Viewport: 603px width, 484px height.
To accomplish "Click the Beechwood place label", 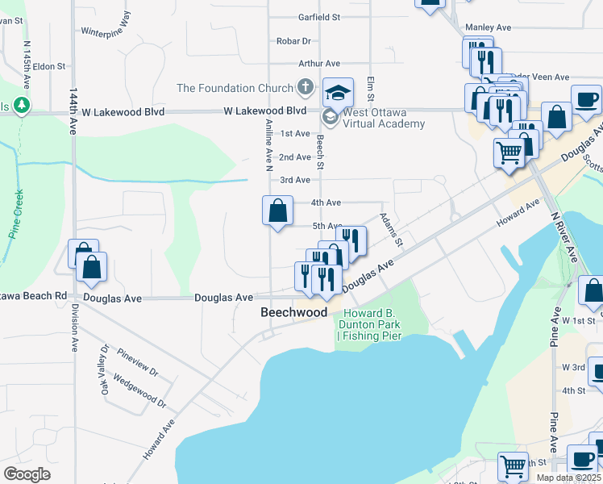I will (x=293, y=312).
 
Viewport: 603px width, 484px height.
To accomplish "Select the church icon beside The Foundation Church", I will (x=306, y=86).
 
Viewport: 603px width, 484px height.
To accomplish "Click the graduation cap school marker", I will (x=339, y=92).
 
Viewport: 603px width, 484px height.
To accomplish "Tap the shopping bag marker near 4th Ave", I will (x=277, y=211).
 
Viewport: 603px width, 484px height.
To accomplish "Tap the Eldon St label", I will (x=48, y=66).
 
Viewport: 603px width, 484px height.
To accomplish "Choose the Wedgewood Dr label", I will (x=139, y=390).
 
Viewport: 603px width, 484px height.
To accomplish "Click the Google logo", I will (x=27, y=474).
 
